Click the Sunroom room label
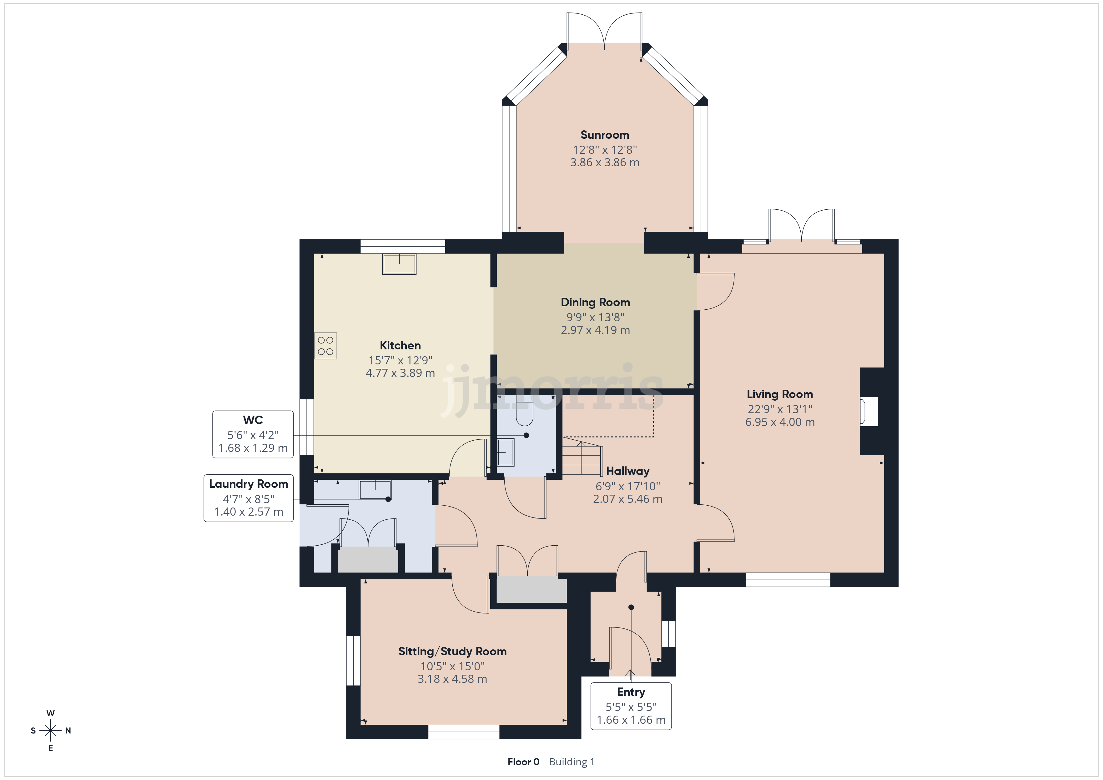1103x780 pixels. click(x=604, y=135)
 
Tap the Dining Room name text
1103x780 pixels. click(x=595, y=302)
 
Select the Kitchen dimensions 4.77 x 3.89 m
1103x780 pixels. click(x=400, y=373)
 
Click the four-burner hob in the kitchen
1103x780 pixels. click(x=326, y=346)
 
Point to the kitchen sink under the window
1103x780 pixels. click(x=399, y=264)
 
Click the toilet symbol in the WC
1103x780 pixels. click(x=525, y=411)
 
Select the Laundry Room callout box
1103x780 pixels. click(x=248, y=498)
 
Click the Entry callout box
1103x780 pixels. click(x=631, y=706)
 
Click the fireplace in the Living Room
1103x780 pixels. click(x=869, y=411)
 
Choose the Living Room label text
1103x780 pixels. click(x=780, y=394)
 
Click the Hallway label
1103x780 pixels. click(x=627, y=471)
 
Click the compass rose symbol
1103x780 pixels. click(x=50, y=731)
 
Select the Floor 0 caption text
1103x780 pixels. click(x=523, y=762)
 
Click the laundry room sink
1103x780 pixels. click(x=375, y=490)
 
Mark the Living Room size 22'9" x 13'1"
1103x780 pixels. click(x=780, y=409)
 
